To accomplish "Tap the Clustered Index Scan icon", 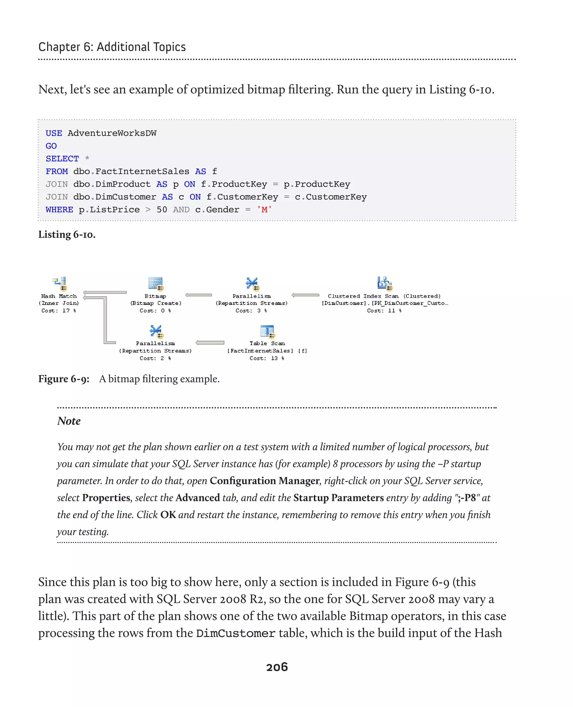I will click(384, 283).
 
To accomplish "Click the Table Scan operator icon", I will click(267, 331).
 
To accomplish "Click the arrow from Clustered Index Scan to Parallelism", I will click(305, 295).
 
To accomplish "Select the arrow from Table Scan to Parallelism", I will click(210, 342).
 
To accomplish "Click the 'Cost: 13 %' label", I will click(267, 358).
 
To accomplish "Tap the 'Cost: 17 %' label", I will click(59, 310).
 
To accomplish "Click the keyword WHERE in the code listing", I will click(59, 210).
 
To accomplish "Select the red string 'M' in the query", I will click(264, 209).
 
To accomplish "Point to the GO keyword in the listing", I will click(51, 146).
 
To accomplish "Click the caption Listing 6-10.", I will click(67, 235).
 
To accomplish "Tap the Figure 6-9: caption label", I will click(64, 378).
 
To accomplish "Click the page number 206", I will click(277, 667).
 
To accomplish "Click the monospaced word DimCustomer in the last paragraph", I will click(236, 633).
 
